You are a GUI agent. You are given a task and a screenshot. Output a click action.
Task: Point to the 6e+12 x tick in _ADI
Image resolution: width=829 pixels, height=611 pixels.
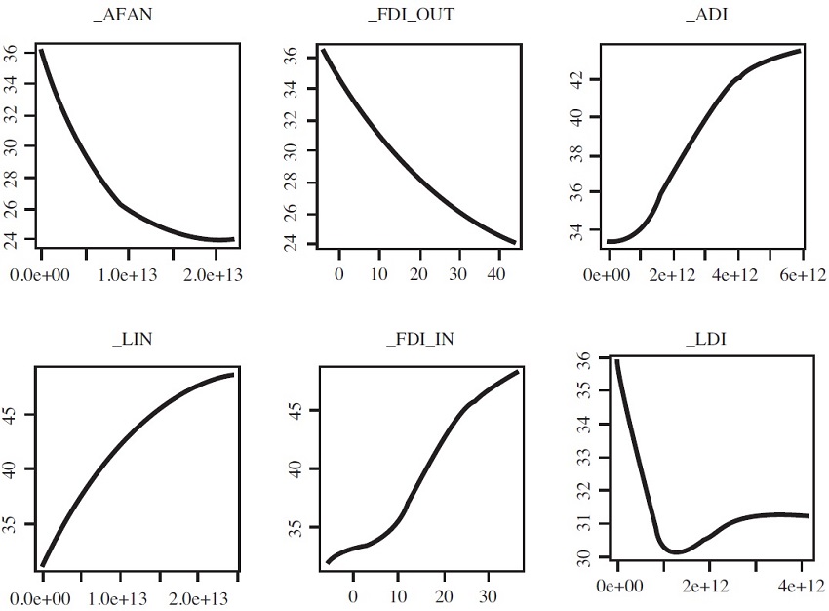click(x=804, y=275)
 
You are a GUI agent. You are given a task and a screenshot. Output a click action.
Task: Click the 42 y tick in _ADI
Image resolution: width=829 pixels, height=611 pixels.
click(x=581, y=79)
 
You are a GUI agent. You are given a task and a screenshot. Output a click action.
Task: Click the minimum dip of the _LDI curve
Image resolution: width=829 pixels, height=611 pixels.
click(x=676, y=552)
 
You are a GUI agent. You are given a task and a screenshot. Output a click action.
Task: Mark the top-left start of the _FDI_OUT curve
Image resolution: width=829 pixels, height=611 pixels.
click(x=323, y=50)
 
